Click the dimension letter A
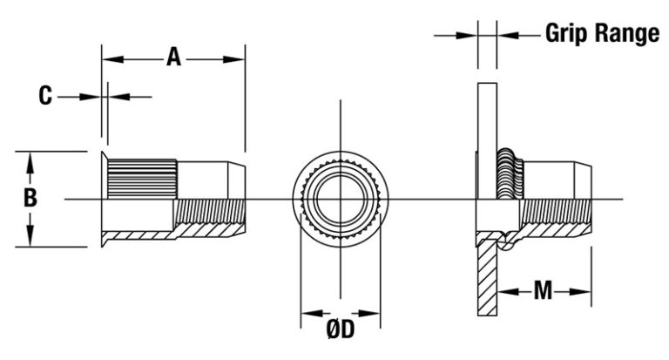click(173, 58)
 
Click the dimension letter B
click(30, 198)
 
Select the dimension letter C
click(45, 96)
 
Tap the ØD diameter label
click(341, 329)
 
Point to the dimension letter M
click(543, 291)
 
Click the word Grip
click(566, 33)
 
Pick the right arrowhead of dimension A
click(233, 59)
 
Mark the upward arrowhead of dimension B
click(30, 163)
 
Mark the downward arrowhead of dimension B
click(30, 235)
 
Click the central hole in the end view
click(340, 199)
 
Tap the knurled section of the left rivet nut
click(142, 179)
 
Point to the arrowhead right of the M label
click(580, 292)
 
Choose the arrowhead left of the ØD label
click(312, 314)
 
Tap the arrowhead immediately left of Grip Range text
click(508, 36)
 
